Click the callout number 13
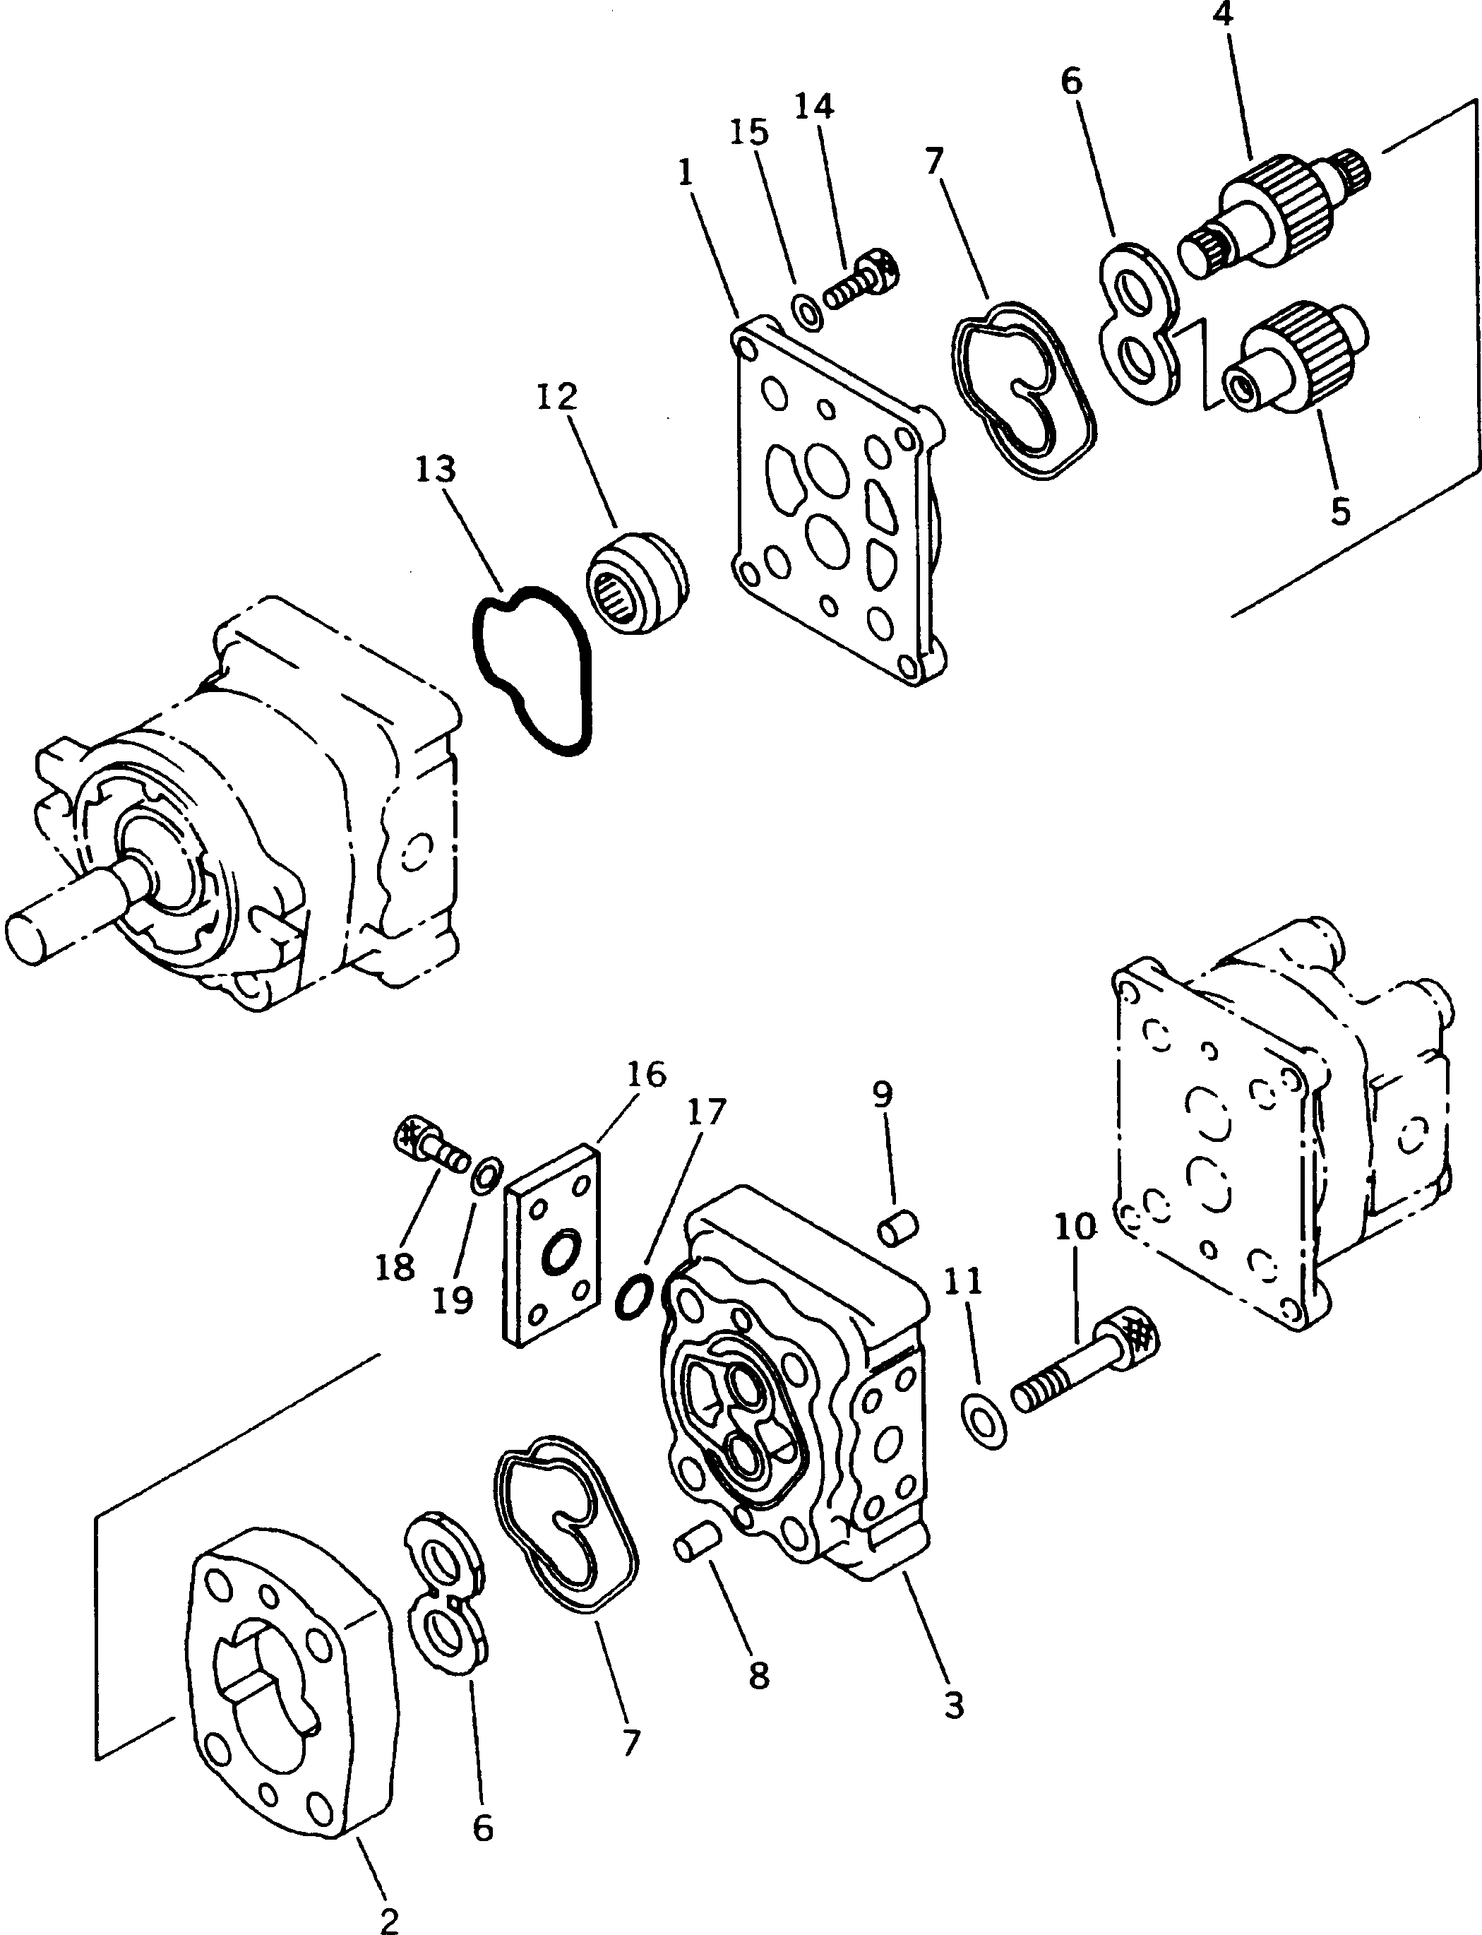tap(436, 470)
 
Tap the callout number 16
tap(646, 1075)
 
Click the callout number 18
tap(394, 1268)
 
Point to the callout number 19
tap(453, 1299)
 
